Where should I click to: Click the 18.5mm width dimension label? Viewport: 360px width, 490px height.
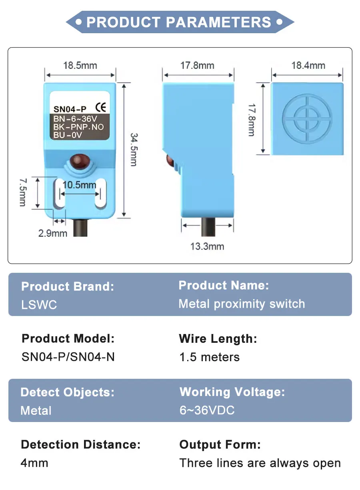(80, 66)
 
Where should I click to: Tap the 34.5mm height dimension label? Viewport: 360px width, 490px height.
(134, 150)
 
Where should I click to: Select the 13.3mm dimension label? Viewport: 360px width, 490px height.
(207, 246)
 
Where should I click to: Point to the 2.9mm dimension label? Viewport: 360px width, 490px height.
(53, 233)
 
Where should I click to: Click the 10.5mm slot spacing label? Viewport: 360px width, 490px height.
(79, 185)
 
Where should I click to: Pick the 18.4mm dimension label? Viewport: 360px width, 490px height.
(308, 66)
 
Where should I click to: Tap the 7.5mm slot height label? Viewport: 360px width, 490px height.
(23, 192)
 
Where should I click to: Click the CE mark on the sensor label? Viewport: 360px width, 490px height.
(101, 107)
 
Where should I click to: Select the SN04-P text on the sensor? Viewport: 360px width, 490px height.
(70, 109)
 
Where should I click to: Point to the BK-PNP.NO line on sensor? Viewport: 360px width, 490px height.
(78, 127)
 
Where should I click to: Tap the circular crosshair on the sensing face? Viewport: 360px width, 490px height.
(307, 119)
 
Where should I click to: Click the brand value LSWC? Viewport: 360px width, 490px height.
(39, 304)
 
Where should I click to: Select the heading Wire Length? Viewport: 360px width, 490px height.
(218, 339)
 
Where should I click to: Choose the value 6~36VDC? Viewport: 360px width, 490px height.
(207, 410)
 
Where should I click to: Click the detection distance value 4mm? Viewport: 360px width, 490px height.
(34, 463)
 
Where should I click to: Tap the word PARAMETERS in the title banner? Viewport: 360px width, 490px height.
(218, 22)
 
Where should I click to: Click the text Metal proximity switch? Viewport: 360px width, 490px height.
(242, 304)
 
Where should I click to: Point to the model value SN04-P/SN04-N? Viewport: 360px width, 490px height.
(68, 357)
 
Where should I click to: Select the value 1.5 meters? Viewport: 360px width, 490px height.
(210, 357)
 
